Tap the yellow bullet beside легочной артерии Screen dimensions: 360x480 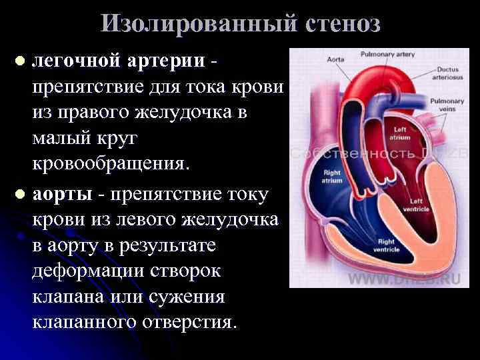(21, 61)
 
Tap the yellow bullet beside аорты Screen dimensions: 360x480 (21, 195)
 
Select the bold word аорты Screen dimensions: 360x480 (59, 195)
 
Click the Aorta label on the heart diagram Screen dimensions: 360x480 (335, 59)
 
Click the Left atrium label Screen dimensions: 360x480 (401, 133)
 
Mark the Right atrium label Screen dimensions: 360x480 (331, 176)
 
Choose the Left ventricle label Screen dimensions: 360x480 (417, 203)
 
